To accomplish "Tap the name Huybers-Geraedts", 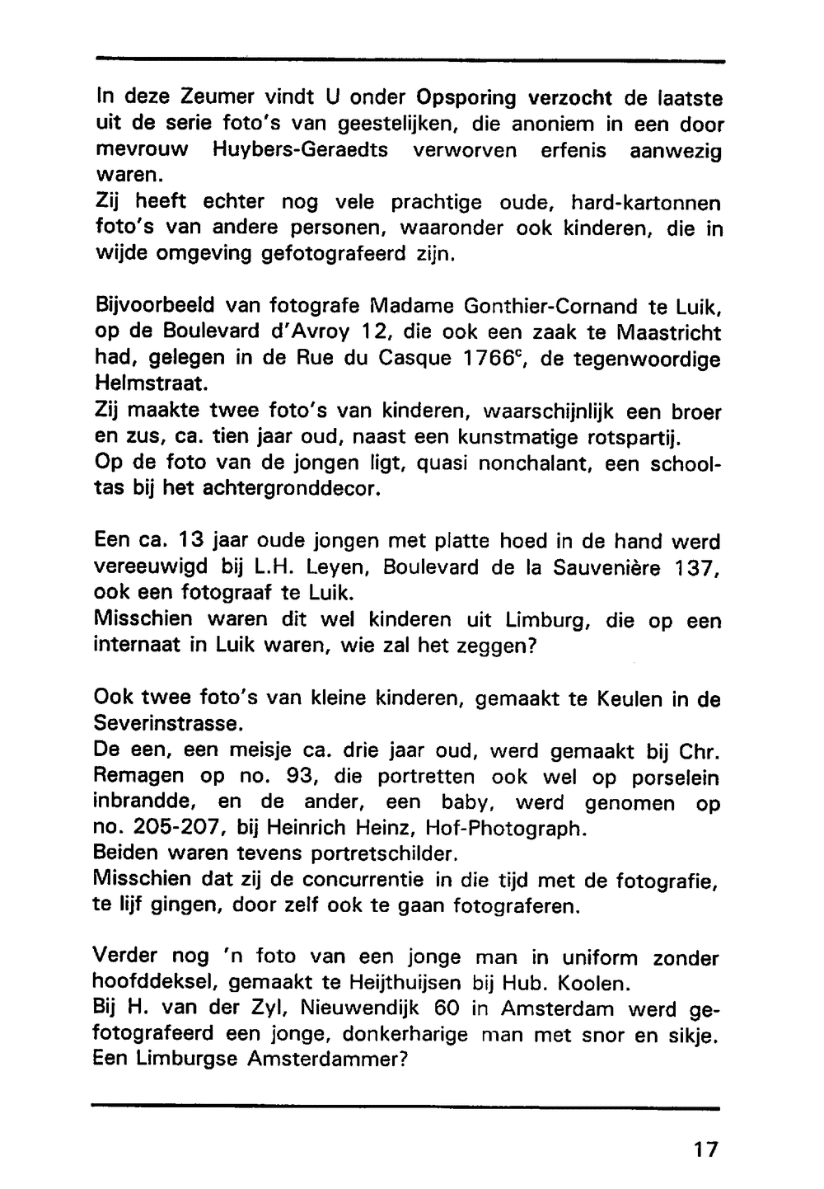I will tap(300, 151).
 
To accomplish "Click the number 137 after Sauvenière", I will tap(697, 568).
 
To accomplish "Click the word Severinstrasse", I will tap(169, 725).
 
